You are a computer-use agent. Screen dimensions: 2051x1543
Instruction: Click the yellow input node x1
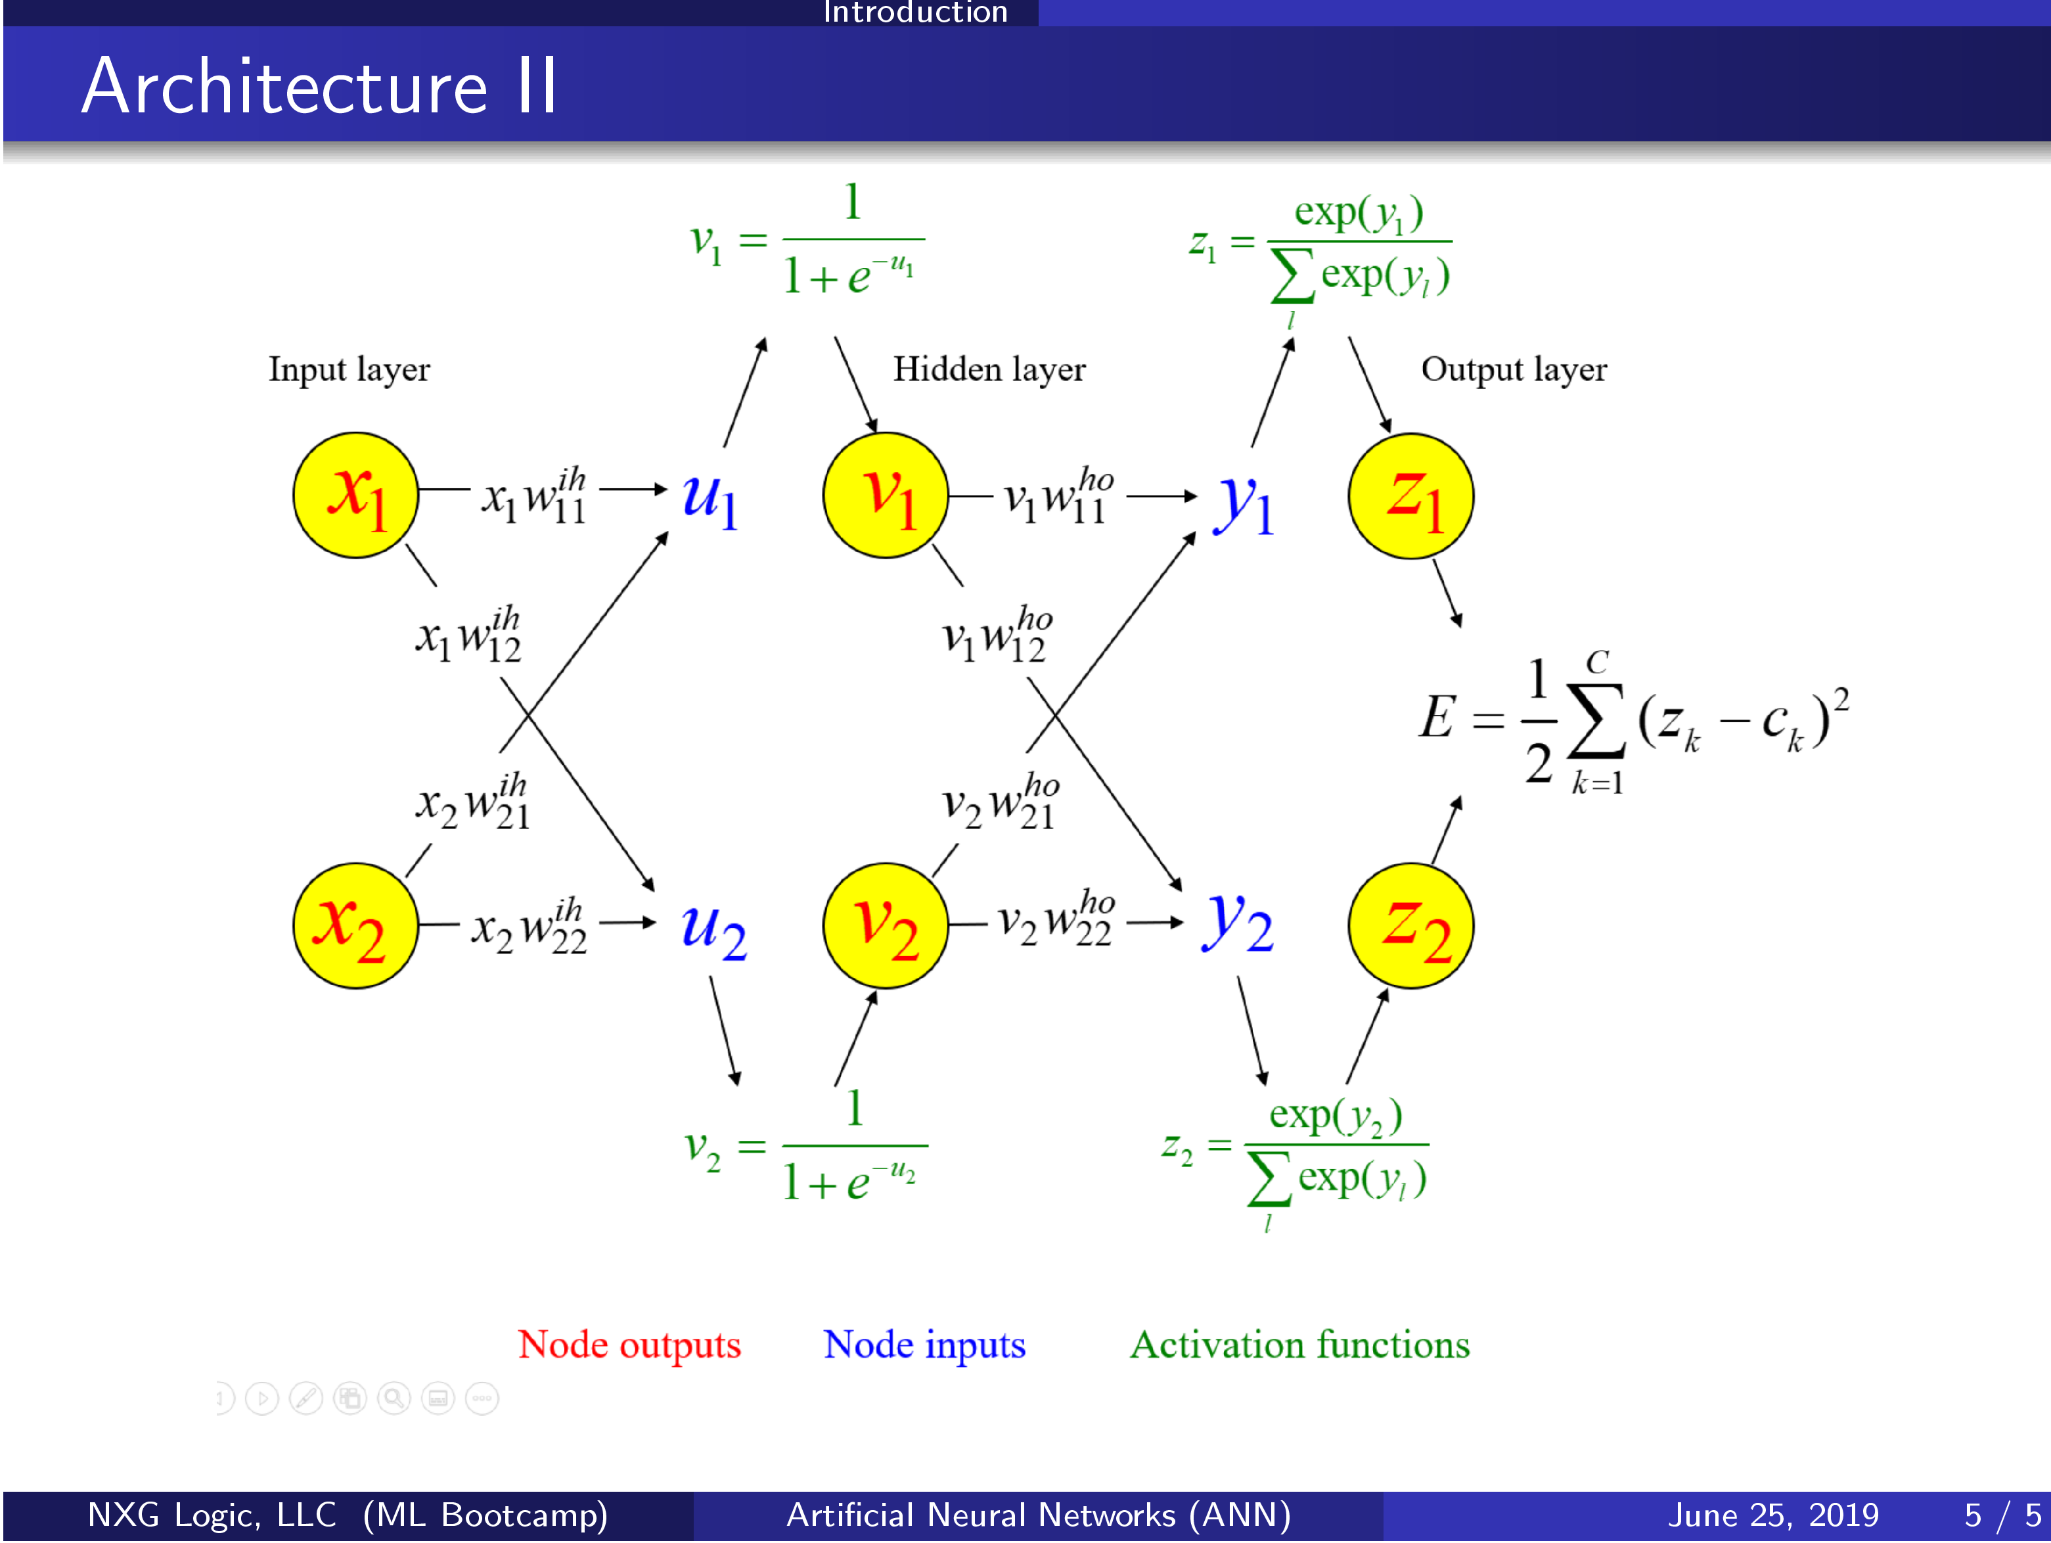coord(355,495)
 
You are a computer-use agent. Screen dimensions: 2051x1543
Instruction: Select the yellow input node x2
coord(355,925)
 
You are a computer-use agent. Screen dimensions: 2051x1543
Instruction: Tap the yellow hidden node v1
coord(886,495)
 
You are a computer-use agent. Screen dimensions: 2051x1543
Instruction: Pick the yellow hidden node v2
coord(886,925)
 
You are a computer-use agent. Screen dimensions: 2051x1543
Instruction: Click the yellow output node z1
coord(1411,496)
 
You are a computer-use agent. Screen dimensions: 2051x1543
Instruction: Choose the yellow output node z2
coord(1411,925)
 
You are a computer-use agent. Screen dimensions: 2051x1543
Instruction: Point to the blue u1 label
coord(710,500)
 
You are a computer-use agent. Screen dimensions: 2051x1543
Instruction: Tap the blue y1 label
coord(1244,505)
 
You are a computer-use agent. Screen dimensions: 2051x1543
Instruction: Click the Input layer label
coord(349,370)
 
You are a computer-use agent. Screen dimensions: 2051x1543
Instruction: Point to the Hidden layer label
coord(989,370)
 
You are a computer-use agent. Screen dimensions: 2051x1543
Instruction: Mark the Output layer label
coord(1514,370)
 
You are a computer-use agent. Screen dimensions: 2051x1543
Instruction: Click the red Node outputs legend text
coord(629,1345)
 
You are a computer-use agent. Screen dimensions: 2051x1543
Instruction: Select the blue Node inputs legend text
coord(924,1345)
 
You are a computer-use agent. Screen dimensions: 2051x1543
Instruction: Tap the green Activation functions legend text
coord(1300,1345)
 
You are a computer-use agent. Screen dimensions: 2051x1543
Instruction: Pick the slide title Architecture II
coord(320,86)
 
